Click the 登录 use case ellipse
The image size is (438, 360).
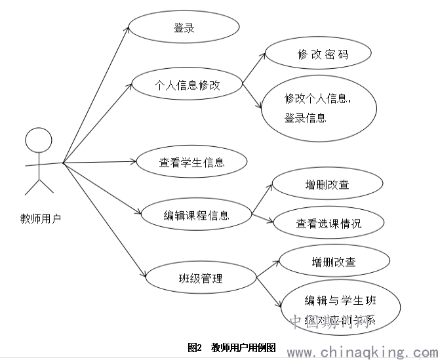coord(183,29)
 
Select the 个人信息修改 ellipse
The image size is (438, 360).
coord(186,85)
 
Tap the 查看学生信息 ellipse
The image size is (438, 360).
coord(191,162)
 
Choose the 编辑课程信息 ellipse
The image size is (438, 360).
coord(196,215)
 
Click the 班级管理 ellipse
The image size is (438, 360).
coord(200,278)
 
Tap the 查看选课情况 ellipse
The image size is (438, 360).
coord(328,223)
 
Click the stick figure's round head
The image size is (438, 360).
coord(38,140)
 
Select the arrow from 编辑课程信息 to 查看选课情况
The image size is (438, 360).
coord(262,218)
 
